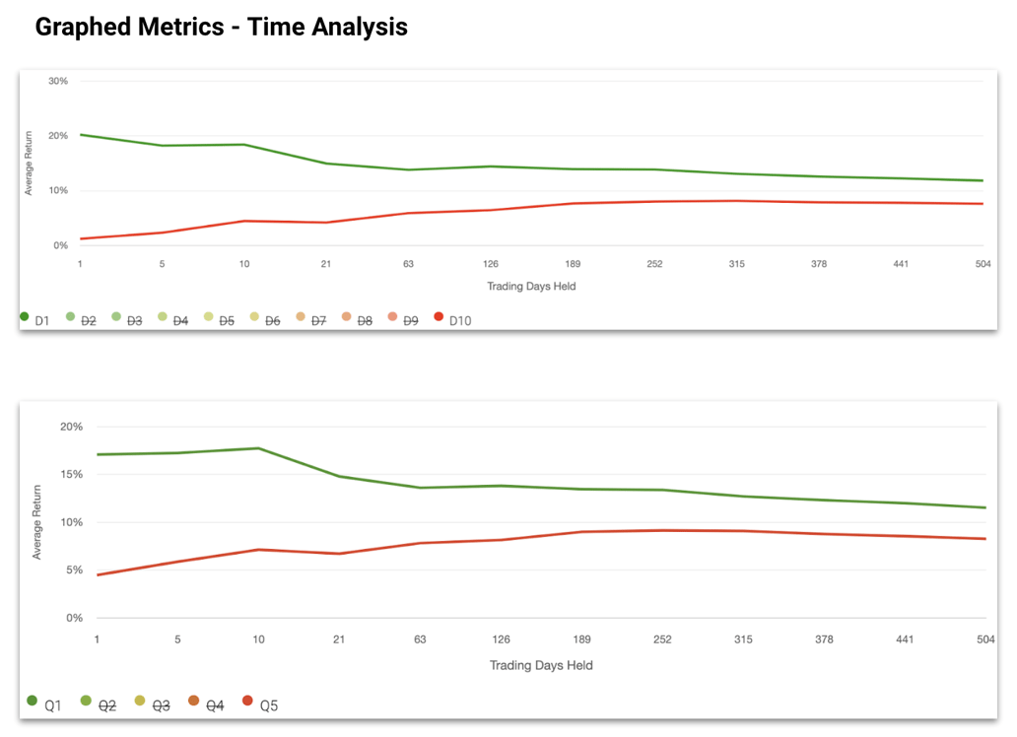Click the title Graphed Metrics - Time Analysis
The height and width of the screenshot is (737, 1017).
tap(221, 27)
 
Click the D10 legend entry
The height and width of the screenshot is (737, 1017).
tap(454, 320)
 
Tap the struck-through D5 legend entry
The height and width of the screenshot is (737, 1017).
tap(220, 320)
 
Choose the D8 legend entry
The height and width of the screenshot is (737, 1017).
tap(358, 320)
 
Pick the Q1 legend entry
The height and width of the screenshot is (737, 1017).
tap(45, 704)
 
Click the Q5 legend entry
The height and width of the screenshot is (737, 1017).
tap(261, 704)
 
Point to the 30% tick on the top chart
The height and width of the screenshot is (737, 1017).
tap(58, 81)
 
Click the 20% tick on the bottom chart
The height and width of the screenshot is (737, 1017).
tap(71, 427)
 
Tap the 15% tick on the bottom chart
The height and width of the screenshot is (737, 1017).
tap(71, 474)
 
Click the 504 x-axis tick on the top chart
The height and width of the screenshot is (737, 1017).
tap(983, 264)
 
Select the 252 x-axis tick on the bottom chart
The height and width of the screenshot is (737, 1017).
tap(662, 639)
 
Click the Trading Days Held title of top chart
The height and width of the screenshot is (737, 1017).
tap(531, 286)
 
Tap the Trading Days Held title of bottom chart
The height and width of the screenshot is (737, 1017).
tap(541, 665)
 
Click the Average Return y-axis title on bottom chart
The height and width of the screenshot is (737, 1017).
tap(37, 522)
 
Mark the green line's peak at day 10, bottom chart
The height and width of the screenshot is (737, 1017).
tap(258, 448)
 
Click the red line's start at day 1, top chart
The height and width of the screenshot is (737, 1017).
tap(80, 238)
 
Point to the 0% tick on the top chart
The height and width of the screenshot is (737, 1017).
tap(60, 245)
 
